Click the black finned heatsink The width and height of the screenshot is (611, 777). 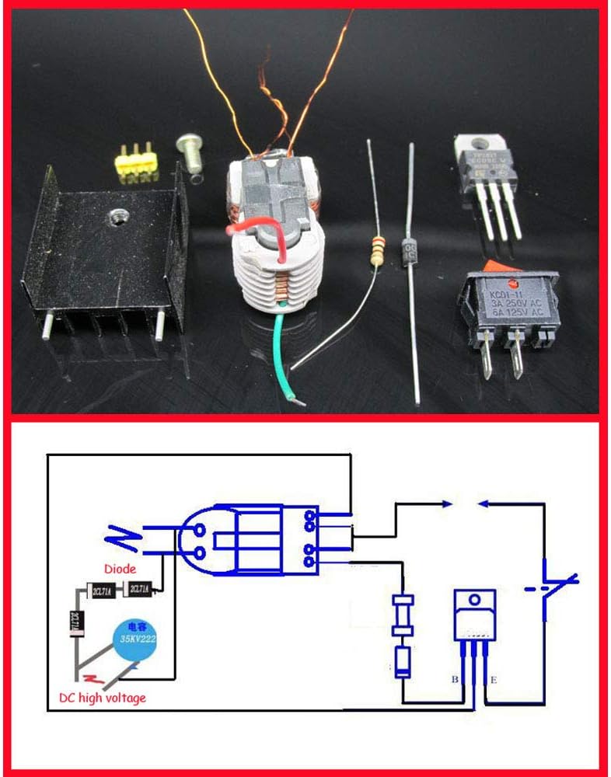point(105,256)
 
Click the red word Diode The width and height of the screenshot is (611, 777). point(119,569)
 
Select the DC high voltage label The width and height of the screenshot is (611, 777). point(102,697)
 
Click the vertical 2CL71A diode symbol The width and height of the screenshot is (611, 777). point(76,622)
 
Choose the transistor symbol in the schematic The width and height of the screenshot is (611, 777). point(474,618)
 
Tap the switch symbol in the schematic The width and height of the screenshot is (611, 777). point(553,587)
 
